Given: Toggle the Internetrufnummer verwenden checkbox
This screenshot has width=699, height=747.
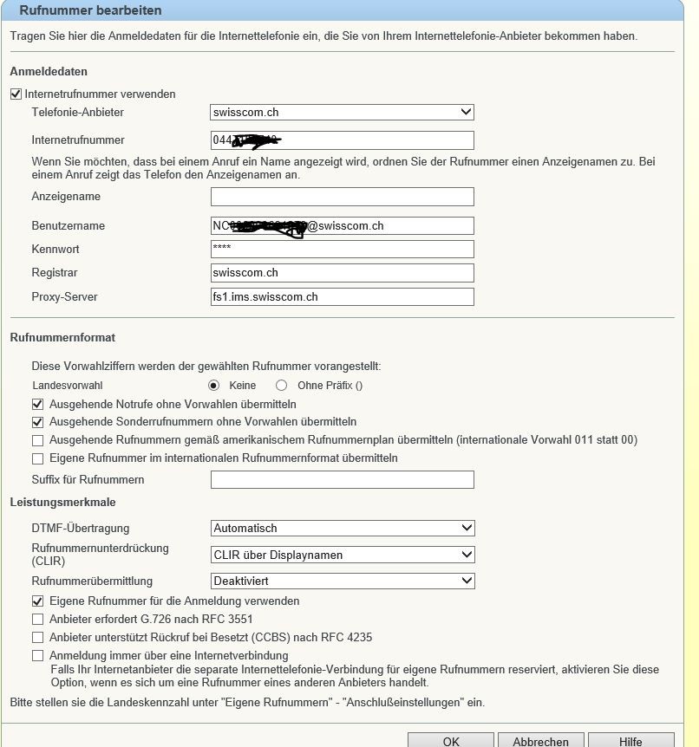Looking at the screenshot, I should [16, 94].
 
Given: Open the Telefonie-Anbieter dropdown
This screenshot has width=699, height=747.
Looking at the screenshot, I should [343, 113].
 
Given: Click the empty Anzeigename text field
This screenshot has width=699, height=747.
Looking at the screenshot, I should [343, 197].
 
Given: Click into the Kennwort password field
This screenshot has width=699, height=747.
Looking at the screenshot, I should [343, 250].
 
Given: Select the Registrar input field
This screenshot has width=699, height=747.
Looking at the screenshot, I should [343, 273].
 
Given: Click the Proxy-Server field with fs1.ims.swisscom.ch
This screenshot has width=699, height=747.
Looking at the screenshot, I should [343, 297].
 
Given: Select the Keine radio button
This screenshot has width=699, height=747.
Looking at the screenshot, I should [214, 386].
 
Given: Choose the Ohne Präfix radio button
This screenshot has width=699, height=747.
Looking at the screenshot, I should [281, 386].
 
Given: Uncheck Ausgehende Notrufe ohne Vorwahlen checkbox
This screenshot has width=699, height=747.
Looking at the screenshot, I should [37, 404].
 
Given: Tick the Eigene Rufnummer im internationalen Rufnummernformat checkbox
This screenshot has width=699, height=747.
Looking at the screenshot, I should [37, 458].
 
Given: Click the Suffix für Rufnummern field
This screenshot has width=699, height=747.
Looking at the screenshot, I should [343, 480].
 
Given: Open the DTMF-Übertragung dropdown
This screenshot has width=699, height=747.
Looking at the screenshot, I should [343, 528].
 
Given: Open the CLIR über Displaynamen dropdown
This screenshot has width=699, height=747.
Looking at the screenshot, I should [343, 555].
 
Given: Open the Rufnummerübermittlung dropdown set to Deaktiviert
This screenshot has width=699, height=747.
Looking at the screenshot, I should [343, 581].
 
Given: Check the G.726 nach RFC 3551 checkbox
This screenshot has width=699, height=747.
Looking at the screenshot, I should [37, 620].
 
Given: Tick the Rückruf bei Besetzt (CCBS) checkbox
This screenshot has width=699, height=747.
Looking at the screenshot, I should [37, 638].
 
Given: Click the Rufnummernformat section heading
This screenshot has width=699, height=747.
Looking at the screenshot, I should [62, 338].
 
